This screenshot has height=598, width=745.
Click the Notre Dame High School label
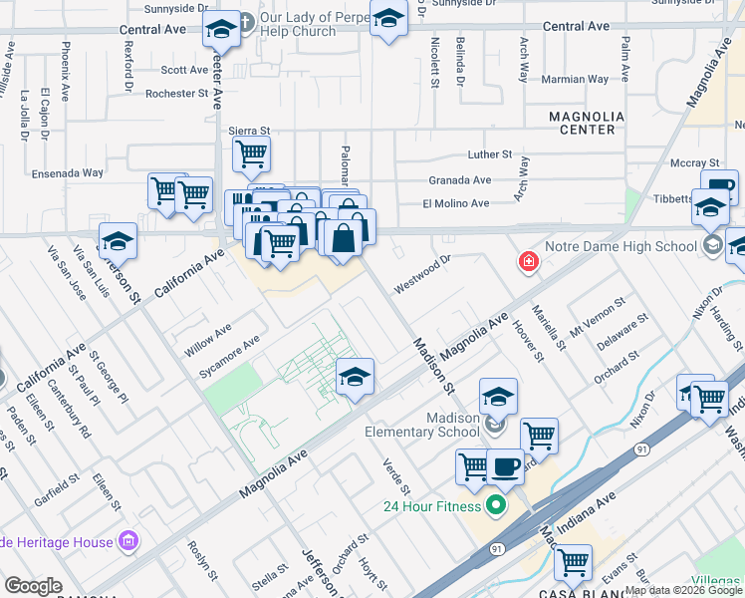[x=634, y=246]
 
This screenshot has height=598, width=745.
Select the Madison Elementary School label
[x=423, y=425]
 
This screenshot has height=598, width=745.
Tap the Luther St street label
[x=490, y=154]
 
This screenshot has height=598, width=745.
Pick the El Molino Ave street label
[x=456, y=203]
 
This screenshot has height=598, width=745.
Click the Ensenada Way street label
[x=67, y=172]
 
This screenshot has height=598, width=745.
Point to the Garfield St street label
[x=56, y=489]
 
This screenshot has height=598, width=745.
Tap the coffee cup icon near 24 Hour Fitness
[x=505, y=465]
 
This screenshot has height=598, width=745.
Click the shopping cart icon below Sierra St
[x=251, y=154]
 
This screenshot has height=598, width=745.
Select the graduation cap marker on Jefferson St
[x=118, y=241]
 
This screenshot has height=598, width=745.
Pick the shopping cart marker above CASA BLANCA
[x=573, y=562]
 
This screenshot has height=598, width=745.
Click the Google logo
[x=33, y=586]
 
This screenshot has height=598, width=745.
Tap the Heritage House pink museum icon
[x=127, y=542]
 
